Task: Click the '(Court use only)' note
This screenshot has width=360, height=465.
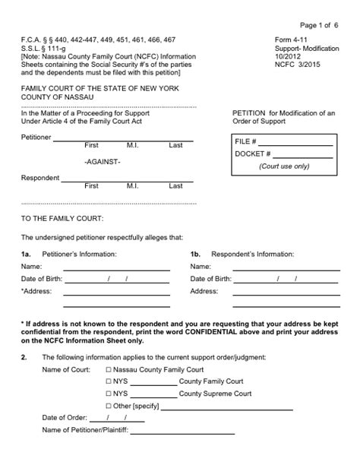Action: tap(284, 166)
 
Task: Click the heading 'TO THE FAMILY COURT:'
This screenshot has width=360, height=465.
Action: tap(61, 219)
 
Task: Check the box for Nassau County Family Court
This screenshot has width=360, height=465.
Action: tap(108, 369)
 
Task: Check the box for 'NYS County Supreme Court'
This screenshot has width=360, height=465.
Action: tap(108, 394)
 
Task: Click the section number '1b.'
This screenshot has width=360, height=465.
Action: tap(195, 254)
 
